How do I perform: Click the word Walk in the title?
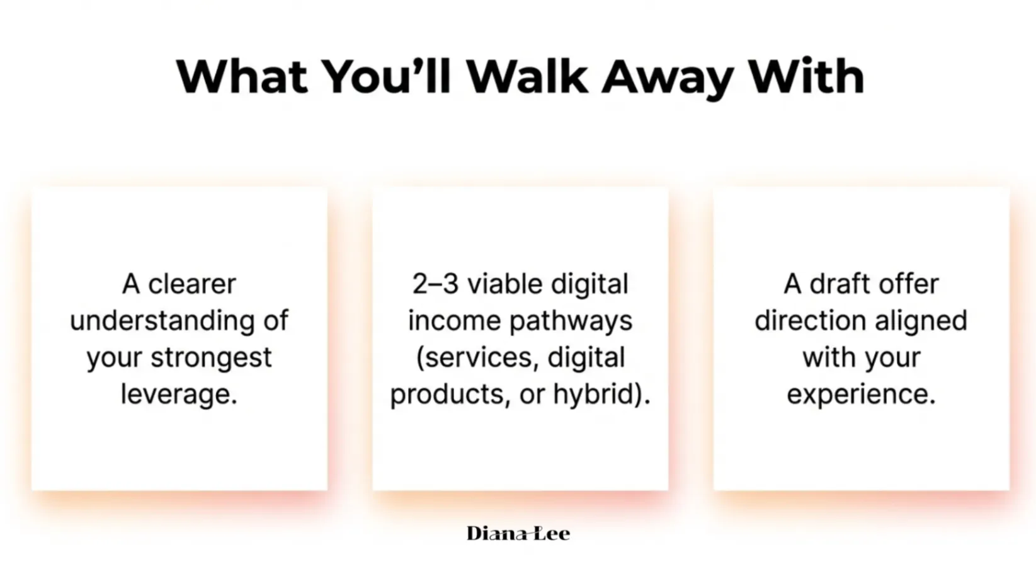[x=527, y=76]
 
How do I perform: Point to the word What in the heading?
[x=241, y=76]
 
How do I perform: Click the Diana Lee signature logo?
[x=518, y=533]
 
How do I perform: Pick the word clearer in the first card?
[x=192, y=284]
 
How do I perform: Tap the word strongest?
[x=211, y=358]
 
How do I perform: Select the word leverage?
[x=179, y=395]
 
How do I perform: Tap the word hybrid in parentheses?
[x=593, y=395]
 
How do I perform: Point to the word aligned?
[x=921, y=321]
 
